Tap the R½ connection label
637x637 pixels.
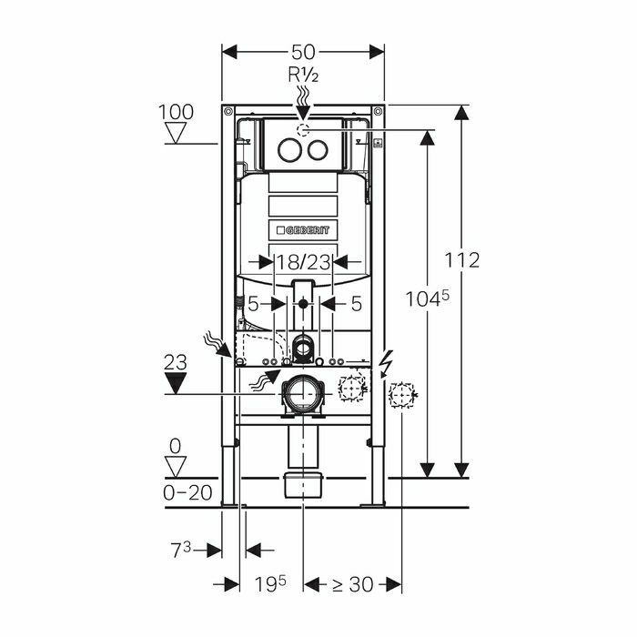303,75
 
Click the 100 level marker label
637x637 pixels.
176,112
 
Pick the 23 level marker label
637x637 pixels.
176,362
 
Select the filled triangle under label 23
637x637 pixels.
176,383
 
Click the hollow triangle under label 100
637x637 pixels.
176,133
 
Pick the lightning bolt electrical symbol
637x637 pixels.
386,361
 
